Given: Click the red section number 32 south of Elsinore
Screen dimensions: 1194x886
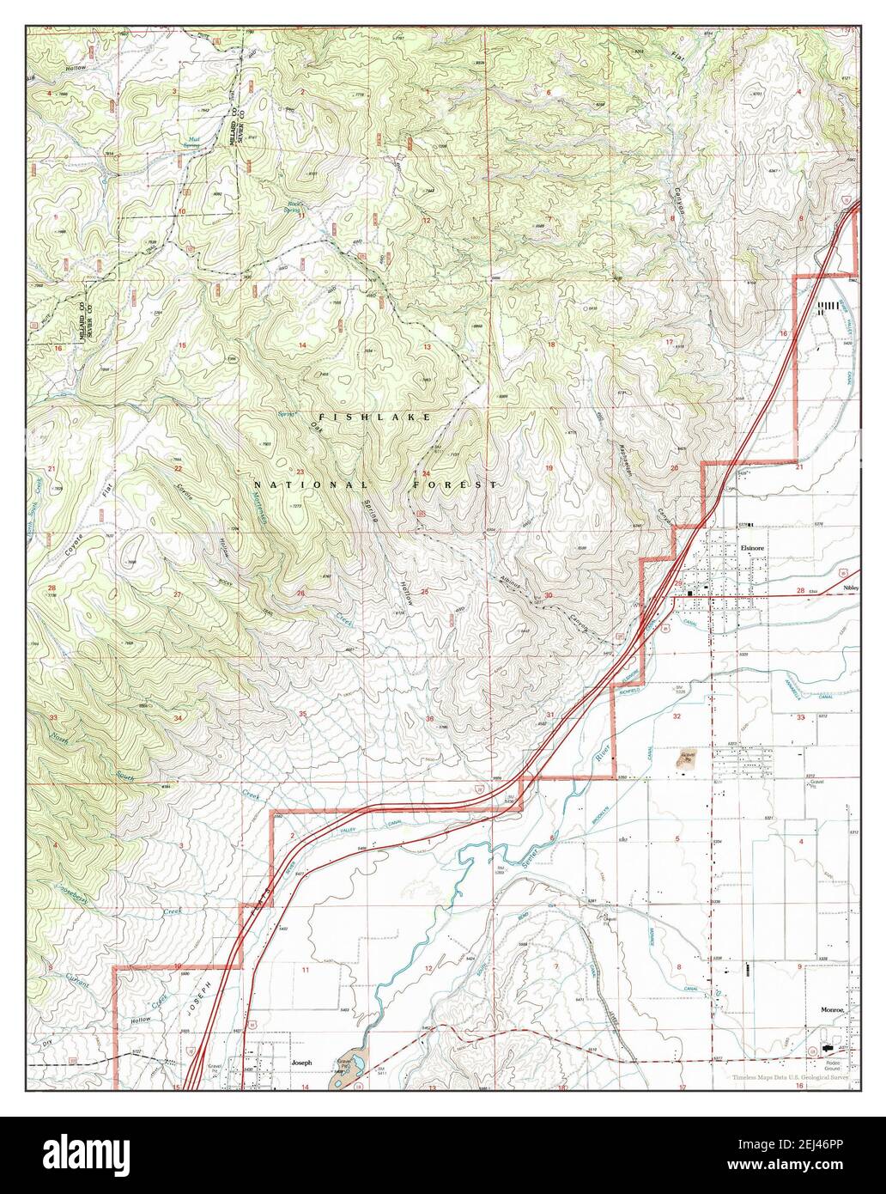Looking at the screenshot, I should pos(677,716).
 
